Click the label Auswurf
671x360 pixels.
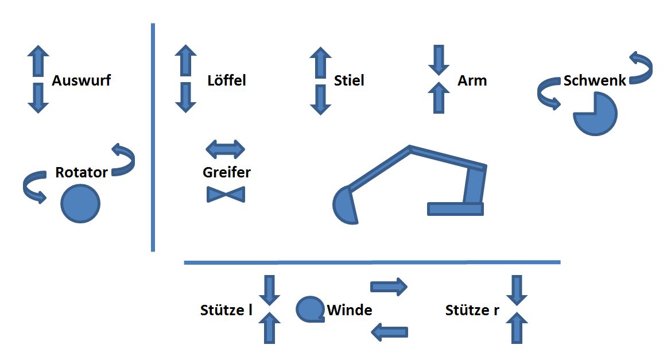tap(81, 80)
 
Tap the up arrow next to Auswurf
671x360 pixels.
tap(38, 61)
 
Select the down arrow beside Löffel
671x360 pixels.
tap(185, 97)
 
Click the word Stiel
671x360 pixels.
tap(349, 80)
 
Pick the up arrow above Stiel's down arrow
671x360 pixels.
tap(320, 63)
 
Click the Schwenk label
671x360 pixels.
tap(594, 80)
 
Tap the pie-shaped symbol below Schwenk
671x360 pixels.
tap(595, 114)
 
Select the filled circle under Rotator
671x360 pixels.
tap(80, 203)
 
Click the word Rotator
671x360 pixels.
tap(82, 172)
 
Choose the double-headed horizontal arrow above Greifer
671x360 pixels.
tap(225, 149)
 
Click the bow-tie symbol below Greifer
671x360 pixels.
tap(226, 195)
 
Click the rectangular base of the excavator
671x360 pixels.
tap(455, 209)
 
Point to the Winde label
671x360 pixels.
tap(350, 311)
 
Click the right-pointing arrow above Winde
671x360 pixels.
tap(389, 286)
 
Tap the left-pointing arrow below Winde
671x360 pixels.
tap(390, 331)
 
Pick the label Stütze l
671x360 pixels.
tap(226, 311)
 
